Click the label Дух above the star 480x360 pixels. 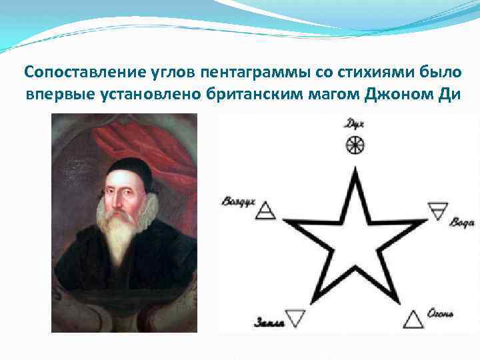click(354, 123)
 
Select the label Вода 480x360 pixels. click(461, 222)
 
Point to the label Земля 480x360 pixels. click(269, 323)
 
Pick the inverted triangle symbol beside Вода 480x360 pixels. click(438, 211)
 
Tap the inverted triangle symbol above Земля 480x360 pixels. click(295, 317)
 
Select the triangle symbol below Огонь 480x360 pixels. click(414, 319)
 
